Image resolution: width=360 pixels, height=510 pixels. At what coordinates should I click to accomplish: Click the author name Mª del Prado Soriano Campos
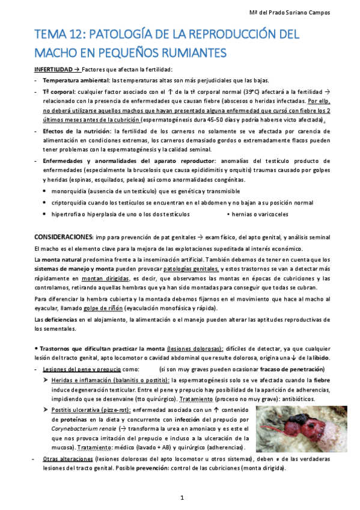point(307,13)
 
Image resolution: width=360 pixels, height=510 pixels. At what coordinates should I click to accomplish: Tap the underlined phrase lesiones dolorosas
point(195,349)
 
